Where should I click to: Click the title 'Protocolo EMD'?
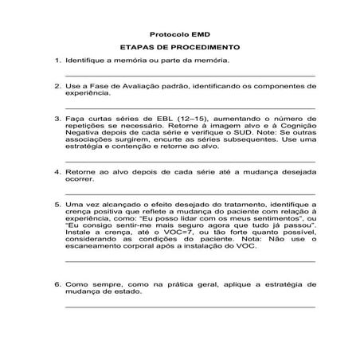(x=179, y=34)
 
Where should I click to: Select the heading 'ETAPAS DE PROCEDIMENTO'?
(x=179, y=48)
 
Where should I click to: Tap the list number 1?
(x=57, y=61)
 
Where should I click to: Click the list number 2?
(x=57, y=85)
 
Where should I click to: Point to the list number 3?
(x=57, y=118)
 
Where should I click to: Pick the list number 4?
(x=57, y=171)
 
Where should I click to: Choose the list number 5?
(x=57, y=204)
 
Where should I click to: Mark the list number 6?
(x=57, y=283)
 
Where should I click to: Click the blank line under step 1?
(x=190, y=74)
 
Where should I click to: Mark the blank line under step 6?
(x=190, y=305)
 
